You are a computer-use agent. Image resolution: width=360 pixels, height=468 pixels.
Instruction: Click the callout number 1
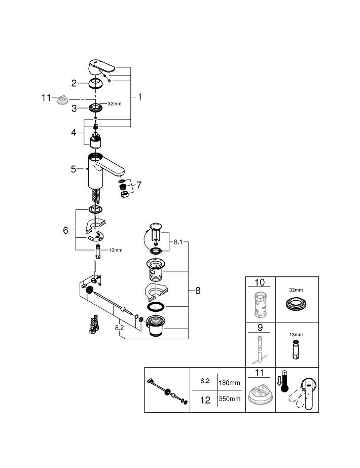tap(139, 96)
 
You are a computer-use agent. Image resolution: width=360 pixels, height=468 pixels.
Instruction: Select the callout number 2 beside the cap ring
tap(74, 83)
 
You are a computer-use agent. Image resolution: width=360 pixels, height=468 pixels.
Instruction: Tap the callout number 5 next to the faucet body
tap(74, 169)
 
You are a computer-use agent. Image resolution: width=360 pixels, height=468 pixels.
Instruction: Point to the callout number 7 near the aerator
tap(139, 185)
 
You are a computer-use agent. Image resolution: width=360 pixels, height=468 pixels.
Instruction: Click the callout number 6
tap(65, 230)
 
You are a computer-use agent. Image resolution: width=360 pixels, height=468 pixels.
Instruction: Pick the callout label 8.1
tap(178, 243)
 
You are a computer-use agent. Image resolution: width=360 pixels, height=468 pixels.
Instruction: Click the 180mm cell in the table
tap(229, 383)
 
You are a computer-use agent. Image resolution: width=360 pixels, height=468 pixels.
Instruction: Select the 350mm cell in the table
tap(229, 399)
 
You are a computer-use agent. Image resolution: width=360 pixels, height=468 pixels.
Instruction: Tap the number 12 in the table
tap(205, 400)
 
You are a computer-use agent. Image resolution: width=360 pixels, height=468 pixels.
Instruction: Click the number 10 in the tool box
tap(260, 282)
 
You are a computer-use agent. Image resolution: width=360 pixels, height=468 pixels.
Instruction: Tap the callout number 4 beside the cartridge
tap(74, 132)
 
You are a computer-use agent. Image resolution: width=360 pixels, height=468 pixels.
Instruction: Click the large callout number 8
tap(198, 291)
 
